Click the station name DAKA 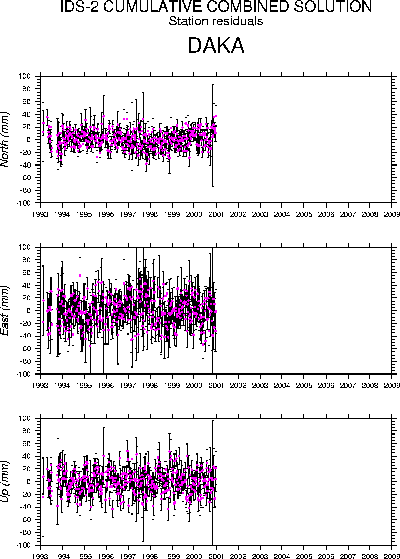pyautogui.click(x=216, y=46)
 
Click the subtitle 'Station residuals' pyautogui.click(x=216, y=21)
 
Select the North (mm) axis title pyautogui.click(x=5, y=139)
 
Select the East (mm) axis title pyautogui.click(x=5, y=310)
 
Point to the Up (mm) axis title pyautogui.click(x=5, y=481)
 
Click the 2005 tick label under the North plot pyautogui.click(x=304, y=214)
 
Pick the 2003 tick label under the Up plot pyautogui.click(x=260, y=556)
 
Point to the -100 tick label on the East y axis pyautogui.click(x=24, y=374)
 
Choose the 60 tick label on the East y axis pyautogui.click(x=27, y=273)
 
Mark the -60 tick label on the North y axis pyautogui.click(x=25, y=178)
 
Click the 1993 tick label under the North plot pyautogui.click(x=40, y=214)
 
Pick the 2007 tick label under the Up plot pyautogui.click(x=348, y=556)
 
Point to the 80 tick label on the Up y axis pyautogui.click(x=27, y=431)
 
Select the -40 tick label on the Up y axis pyautogui.click(x=25, y=507)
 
